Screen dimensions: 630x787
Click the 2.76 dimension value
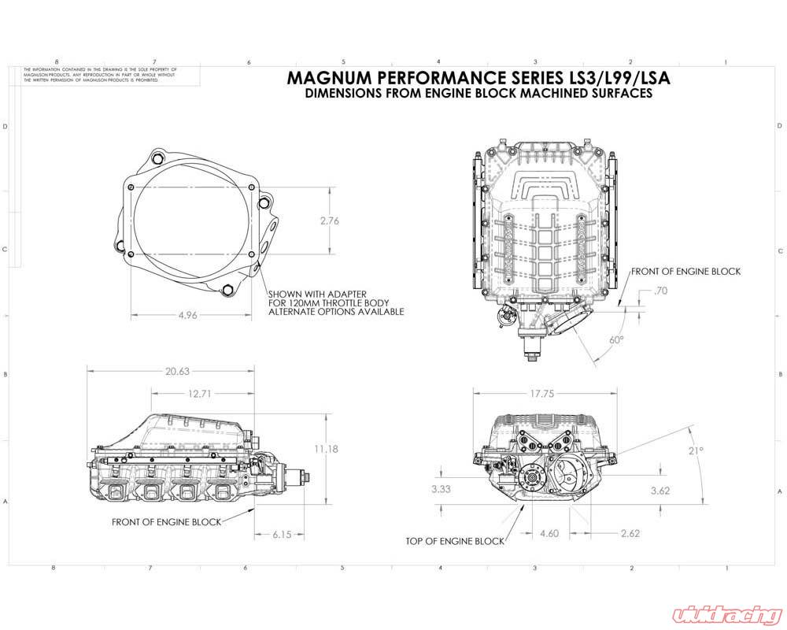click(x=329, y=221)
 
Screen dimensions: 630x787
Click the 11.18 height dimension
click(x=324, y=449)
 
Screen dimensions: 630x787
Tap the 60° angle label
click(x=616, y=339)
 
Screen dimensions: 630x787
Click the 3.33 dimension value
click(x=442, y=489)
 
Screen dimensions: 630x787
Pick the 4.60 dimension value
click(x=550, y=533)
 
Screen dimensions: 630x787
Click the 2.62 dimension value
click(x=630, y=533)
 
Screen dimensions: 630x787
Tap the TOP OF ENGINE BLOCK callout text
click(x=455, y=541)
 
